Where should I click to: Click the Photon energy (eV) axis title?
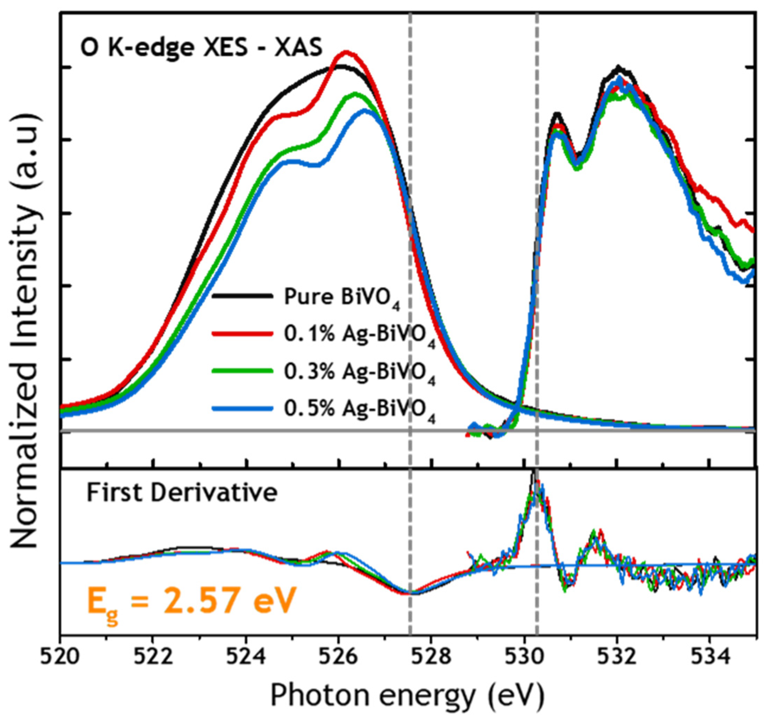tap(407, 695)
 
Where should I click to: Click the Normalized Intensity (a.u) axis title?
tap(25, 334)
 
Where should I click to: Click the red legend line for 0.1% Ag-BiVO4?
tap(243, 333)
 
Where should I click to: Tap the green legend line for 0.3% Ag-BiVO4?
tap(243, 371)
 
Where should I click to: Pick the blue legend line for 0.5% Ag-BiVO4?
tap(243, 408)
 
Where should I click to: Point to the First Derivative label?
tap(182, 493)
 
